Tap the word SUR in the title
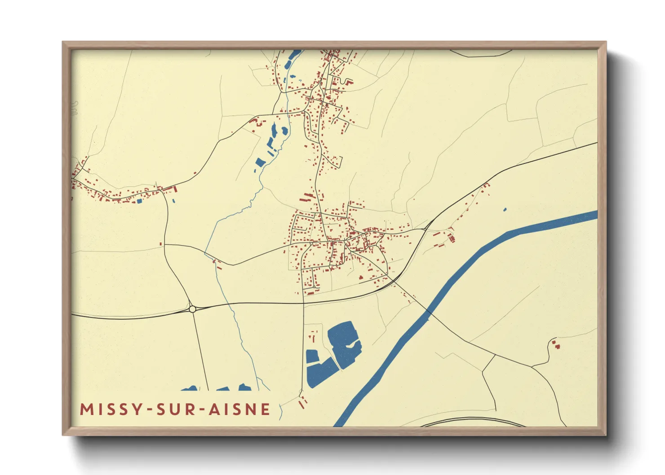[x=176, y=409]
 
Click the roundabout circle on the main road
[x=192, y=309]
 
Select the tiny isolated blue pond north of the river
[x=505, y=209]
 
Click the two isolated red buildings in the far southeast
[x=556, y=345]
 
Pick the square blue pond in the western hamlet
[x=139, y=201]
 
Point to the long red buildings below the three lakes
[x=302, y=402]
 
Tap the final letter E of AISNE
[x=266, y=409]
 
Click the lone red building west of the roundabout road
[x=161, y=244]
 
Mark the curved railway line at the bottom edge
[x=472, y=420]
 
